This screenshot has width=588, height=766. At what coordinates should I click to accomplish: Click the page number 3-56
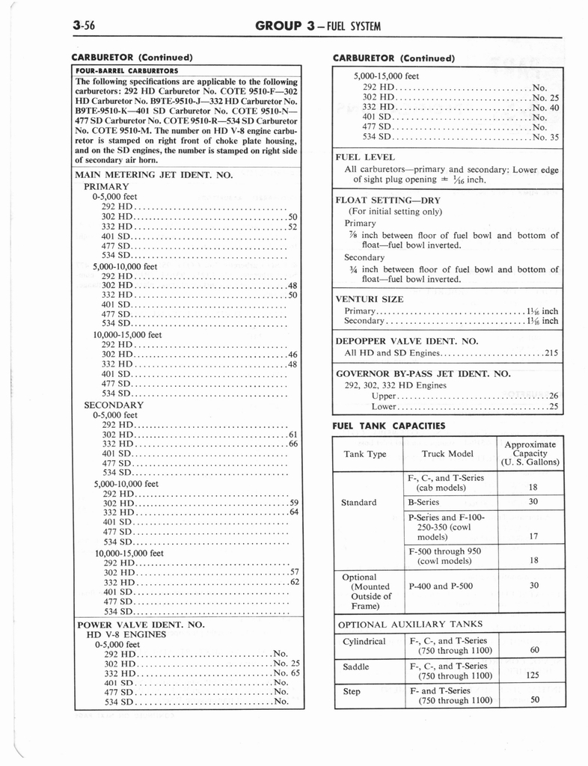click(85, 25)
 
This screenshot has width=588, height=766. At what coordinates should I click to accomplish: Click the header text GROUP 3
click(282, 25)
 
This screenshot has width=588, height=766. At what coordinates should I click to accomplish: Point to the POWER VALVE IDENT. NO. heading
click(141, 624)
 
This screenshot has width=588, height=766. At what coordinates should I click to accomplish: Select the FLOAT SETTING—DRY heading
click(388, 200)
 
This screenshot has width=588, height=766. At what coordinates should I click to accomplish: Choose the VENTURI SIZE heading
click(370, 299)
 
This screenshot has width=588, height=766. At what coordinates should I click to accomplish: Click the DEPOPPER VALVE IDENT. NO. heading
click(407, 340)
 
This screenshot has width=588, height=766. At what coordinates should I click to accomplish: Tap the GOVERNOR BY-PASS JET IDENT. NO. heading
click(423, 373)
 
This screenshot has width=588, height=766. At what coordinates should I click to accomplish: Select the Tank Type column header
click(365, 453)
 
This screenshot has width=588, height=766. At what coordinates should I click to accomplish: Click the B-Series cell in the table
click(423, 502)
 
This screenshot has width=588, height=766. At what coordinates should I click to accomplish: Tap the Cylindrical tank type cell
click(364, 641)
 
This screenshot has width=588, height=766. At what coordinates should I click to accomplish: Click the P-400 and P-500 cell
click(441, 586)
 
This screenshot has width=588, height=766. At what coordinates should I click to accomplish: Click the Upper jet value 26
click(554, 395)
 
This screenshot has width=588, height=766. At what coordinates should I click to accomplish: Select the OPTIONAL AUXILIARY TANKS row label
click(411, 624)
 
